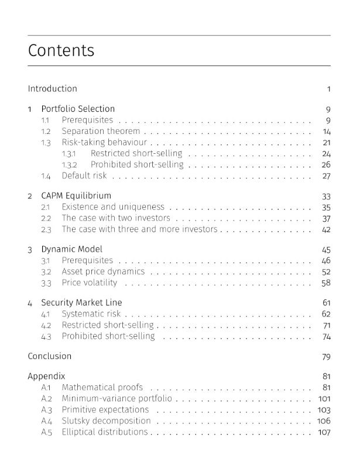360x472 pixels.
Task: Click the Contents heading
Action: coord(61,50)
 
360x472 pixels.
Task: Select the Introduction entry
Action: coord(52,89)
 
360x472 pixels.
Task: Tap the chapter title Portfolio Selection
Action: coord(78,109)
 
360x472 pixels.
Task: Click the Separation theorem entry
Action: coord(101,131)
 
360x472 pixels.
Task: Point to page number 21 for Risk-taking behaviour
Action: coord(327,142)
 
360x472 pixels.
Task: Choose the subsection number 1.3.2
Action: coord(70,165)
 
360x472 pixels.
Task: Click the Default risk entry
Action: coord(84,175)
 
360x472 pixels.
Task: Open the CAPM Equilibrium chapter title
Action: coord(76,195)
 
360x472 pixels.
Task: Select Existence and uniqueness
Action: coord(113,207)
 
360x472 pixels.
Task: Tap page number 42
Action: coord(326,229)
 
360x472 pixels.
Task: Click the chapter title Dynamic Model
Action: coord(71,249)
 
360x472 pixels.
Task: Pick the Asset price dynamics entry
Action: coord(103,271)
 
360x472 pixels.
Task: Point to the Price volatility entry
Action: coord(90,283)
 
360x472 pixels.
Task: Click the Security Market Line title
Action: coord(81,302)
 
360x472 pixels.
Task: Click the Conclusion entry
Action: coord(50,356)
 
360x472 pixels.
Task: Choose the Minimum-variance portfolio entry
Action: coord(117,398)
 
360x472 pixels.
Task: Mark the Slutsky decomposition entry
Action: coord(106,421)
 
